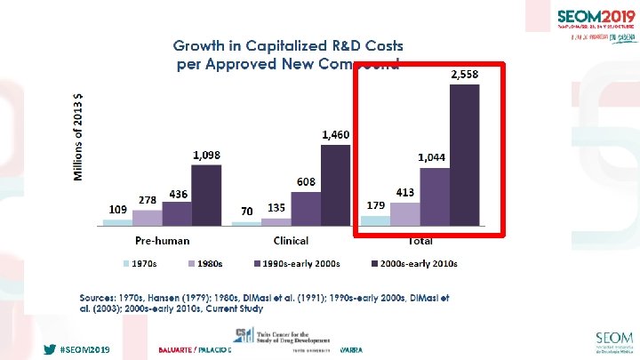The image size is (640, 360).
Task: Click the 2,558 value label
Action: pos(463,76)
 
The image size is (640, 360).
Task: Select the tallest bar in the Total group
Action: pos(464,156)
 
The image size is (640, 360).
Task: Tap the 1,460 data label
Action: pos(335,135)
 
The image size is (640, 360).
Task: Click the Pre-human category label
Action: pos(162,240)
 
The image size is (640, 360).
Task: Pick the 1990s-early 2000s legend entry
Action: pos(300,264)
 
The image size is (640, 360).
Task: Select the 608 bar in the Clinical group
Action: pos(305,207)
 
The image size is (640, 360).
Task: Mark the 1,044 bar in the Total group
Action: pos(435,196)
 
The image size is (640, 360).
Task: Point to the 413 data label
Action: pos(405,192)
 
